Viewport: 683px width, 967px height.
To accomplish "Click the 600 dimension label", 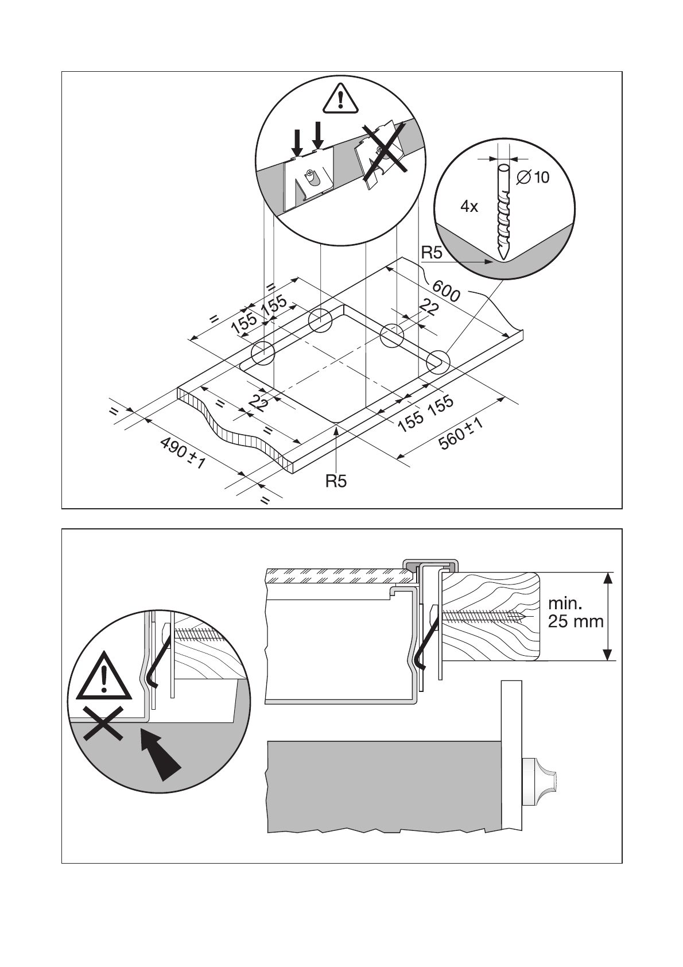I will click(x=446, y=291).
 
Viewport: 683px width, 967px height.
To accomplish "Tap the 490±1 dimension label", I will click(x=182, y=452).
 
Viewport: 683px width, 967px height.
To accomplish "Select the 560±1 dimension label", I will click(x=460, y=434).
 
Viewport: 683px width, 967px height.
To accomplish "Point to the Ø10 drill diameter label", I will click(x=533, y=177).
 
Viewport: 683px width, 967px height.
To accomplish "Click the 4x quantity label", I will click(x=469, y=207).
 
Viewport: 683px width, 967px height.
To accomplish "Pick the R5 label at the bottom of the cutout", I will click(x=336, y=481).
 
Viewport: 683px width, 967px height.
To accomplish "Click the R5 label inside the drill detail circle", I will click(x=432, y=253).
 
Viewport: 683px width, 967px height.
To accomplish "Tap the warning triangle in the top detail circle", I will click(x=341, y=99).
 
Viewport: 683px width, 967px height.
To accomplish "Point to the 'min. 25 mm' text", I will click(x=575, y=612).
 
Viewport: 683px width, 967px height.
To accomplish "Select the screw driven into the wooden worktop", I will click(x=482, y=616).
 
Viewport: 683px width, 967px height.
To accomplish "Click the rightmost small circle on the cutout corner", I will click(x=438, y=362).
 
